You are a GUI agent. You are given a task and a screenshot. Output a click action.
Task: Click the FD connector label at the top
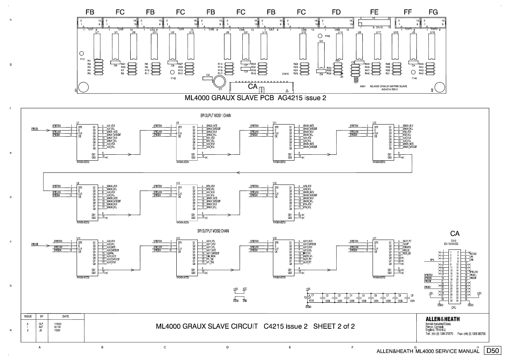point(336,12)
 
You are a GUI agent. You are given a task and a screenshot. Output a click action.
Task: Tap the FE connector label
point(374,12)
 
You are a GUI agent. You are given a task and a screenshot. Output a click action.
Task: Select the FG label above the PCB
point(433,12)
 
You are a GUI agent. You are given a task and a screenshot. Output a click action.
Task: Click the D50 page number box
point(493,351)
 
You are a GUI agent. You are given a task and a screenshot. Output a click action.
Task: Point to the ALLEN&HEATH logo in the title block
point(442,319)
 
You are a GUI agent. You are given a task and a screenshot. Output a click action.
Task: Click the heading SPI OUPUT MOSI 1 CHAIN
point(216,116)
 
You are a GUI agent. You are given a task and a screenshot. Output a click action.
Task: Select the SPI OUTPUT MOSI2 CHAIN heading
point(213,231)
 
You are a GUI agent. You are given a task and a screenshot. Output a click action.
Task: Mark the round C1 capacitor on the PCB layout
point(219,81)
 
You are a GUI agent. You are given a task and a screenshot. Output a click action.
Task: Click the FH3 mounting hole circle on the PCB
point(320,37)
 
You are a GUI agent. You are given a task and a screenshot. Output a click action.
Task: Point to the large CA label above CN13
point(455,234)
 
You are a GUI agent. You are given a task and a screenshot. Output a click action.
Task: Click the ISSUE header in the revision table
point(28,316)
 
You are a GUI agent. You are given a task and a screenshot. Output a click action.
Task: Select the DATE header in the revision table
point(66,316)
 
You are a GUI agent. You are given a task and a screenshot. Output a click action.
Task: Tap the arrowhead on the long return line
point(238,172)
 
